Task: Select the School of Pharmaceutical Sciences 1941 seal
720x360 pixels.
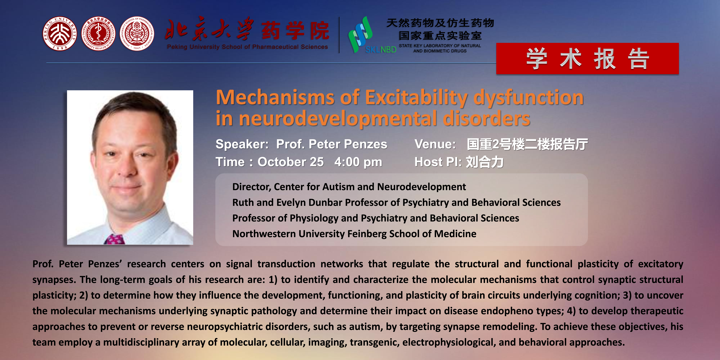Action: (x=137, y=34)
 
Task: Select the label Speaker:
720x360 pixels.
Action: (x=242, y=144)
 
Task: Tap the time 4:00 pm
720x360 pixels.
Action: (x=358, y=162)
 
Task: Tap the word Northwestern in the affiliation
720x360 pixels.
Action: (x=264, y=234)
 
